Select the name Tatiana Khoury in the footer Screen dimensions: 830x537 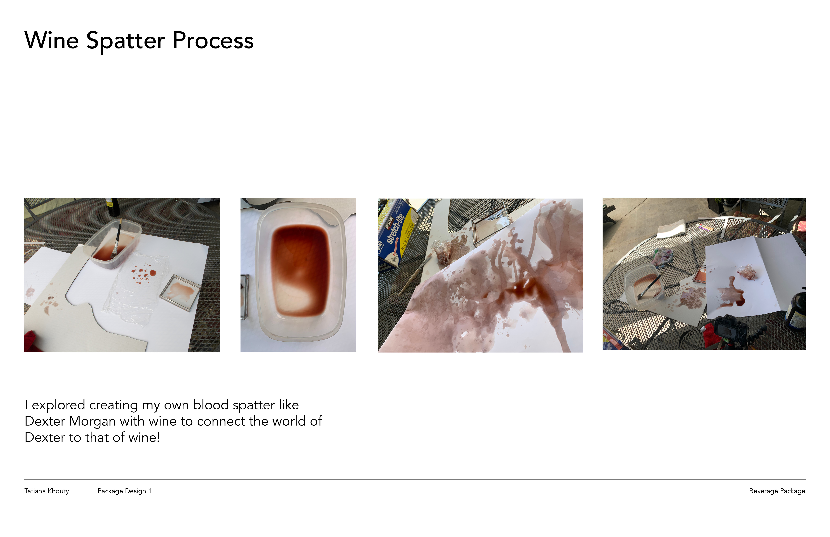pyautogui.click(x=47, y=491)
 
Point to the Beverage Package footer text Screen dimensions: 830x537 pyautogui.click(x=777, y=491)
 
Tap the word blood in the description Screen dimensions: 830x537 pyautogui.click(x=211, y=405)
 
